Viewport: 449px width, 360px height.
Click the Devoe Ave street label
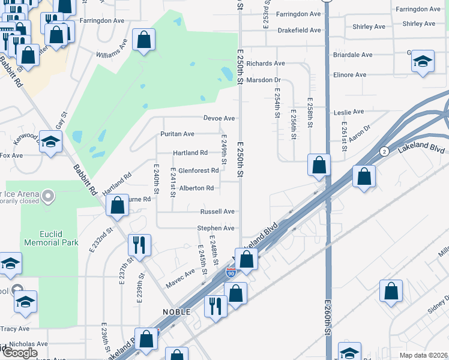219,118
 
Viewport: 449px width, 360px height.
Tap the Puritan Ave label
177,134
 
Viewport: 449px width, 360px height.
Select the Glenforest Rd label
198,170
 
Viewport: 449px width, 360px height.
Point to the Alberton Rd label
196,188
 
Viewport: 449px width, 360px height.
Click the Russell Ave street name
217,212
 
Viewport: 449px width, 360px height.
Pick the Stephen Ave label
216,229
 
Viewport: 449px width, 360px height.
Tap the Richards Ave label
265,63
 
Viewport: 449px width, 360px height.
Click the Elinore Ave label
349,75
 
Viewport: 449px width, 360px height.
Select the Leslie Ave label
349,112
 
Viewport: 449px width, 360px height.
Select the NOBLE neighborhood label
176,312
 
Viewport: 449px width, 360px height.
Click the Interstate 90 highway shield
231,273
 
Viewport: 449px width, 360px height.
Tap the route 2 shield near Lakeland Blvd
384,151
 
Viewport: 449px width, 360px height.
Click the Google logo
20,352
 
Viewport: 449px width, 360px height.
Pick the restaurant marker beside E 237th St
139,244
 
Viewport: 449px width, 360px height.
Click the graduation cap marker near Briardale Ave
423,61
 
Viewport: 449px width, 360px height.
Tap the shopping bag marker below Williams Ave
144,40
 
